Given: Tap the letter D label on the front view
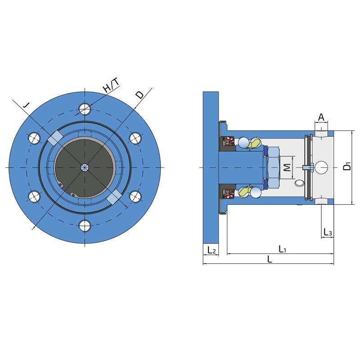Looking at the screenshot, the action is [x=139, y=94].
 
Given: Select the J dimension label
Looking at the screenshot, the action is [x=27, y=105].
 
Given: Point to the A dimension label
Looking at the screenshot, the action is [x=321, y=117].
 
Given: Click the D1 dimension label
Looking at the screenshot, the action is [x=347, y=166].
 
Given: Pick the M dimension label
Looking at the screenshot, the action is [x=287, y=167].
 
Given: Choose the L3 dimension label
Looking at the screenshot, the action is [x=328, y=232].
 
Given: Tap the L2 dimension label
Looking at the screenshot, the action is [x=211, y=250].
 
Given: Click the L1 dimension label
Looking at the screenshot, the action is [x=282, y=249].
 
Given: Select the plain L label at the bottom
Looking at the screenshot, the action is [x=270, y=259].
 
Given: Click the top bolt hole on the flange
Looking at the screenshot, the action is [x=85, y=108].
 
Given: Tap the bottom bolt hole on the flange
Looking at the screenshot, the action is [x=85, y=226].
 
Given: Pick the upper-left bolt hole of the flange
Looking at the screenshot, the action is [x=34, y=138].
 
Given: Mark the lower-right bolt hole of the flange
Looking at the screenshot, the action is [x=135, y=197].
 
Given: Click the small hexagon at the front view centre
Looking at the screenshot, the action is [x=85, y=167].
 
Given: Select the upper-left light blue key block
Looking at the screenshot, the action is [x=55, y=138].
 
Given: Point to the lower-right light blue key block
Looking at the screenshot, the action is [x=114, y=197].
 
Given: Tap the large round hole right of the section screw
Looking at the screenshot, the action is [x=321, y=167].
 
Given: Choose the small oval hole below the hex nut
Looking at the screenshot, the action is [x=299, y=183].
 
